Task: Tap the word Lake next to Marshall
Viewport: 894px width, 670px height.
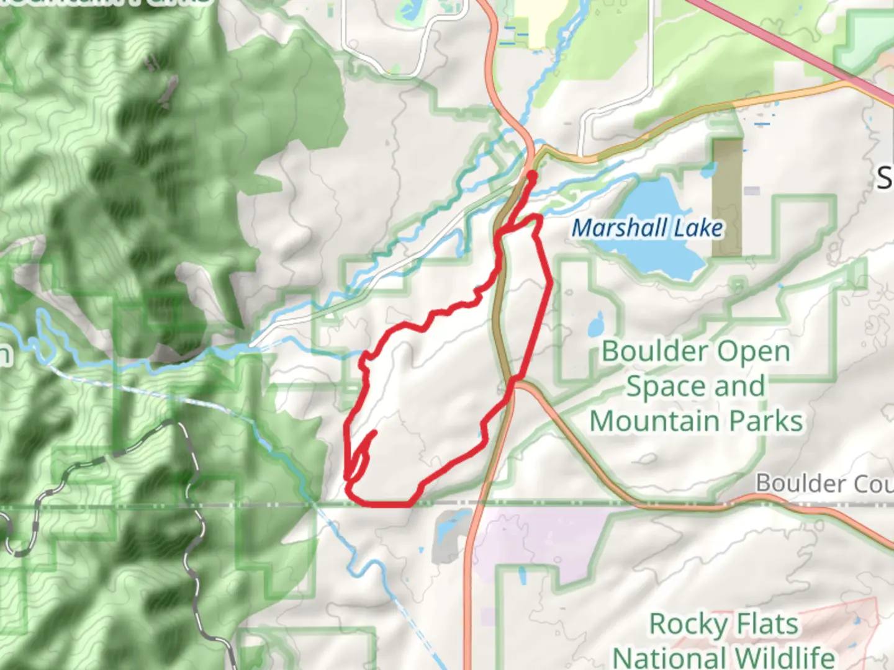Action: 698,228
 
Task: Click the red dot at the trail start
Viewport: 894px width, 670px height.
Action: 532,176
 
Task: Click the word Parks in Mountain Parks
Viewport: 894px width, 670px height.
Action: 766,421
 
